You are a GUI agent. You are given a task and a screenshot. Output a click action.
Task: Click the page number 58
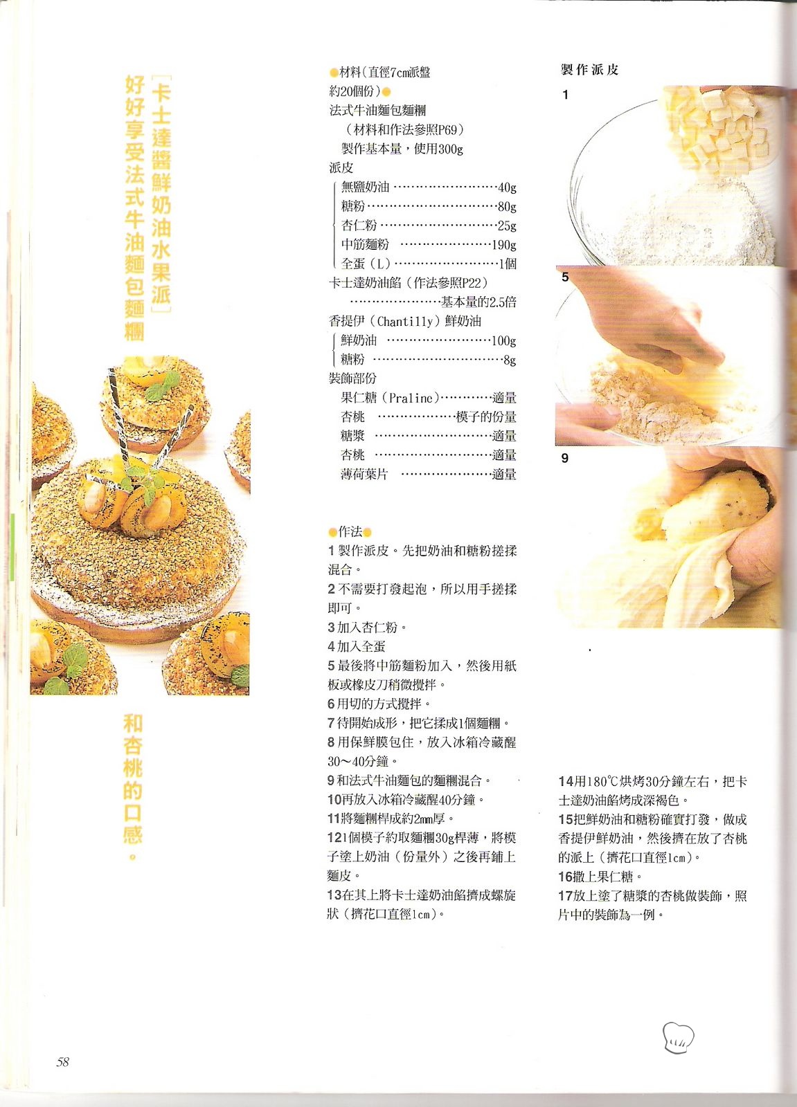pyautogui.click(x=63, y=1061)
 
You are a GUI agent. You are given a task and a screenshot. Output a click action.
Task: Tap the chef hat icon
pyautogui.click(x=678, y=1037)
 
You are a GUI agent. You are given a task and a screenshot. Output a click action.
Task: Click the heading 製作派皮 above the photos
pyautogui.click(x=589, y=70)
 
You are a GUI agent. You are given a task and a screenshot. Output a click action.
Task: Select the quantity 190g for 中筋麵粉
pyautogui.click(x=504, y=245)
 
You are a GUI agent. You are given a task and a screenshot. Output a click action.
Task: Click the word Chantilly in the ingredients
pyautogui.click(x=404, y=322)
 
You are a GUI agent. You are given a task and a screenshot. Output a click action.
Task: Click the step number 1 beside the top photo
pyautogui.click(x=566, y=95)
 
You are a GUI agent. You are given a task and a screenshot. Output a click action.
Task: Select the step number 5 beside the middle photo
pyautogui.click(x=566, y=277)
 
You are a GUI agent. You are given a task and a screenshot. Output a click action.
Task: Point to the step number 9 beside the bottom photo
pyautogui.click(x=565, y=458)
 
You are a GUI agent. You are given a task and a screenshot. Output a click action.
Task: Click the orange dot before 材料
pyautogui.click(x=334, y=73)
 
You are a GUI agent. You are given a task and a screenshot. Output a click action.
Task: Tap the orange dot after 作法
pyautogui.click(x=367, y=532)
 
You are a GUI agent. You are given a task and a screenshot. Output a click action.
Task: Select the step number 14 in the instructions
pyautogui.click(x=566, y=781)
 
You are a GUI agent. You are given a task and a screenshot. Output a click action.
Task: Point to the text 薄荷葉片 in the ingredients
pyautogui.click(x=364, y=475)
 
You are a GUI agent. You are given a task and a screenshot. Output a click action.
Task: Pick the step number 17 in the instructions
pyautogui.click(x=566, y=896)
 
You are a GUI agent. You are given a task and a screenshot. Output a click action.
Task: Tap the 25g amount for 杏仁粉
pyautogui.click(x=507, y=226)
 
